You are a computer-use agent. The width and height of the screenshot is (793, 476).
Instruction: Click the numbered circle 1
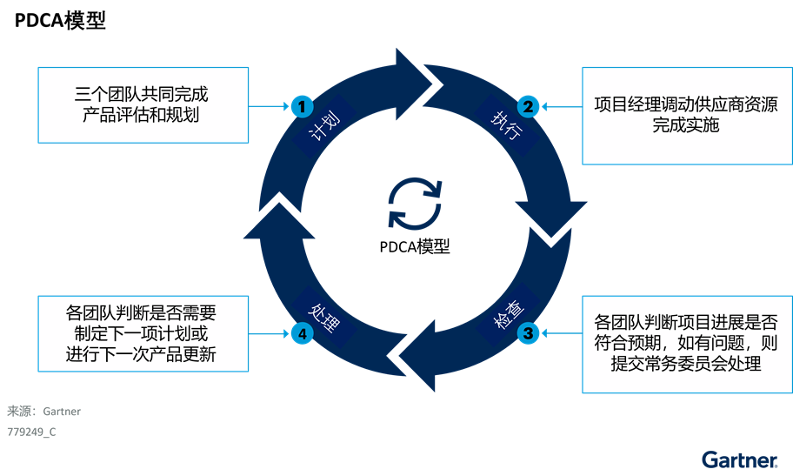click(x=301, y=107)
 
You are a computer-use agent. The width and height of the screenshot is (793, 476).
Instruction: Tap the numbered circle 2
click(x=527, y=107)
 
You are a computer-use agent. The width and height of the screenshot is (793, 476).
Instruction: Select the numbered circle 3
click(x=527, y=332)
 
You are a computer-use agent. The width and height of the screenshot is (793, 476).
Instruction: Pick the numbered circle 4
click(x=301, y=332)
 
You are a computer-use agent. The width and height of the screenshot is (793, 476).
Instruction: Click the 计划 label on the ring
click(x=324, y=131)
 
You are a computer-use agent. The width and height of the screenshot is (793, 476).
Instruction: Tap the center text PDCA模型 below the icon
click(x=415, y=246)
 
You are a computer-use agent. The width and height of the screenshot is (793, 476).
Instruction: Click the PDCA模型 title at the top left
click(x=60, y=21)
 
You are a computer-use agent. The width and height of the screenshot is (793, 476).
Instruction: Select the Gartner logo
click(x=739, y=459)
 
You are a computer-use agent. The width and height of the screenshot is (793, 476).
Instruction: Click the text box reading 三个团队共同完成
click(x=143, y=104)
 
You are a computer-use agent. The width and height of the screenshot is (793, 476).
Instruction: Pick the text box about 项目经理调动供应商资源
click(x=686, y=116)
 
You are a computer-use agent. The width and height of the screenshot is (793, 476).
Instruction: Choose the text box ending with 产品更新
click(x=143, y=332)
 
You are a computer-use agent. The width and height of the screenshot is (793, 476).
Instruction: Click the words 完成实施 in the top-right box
click(x=686, y=126)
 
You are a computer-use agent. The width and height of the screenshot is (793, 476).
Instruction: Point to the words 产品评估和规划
click(x=142, y=115)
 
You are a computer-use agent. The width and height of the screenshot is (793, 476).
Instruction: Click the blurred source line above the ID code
click(x=43, y=412)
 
